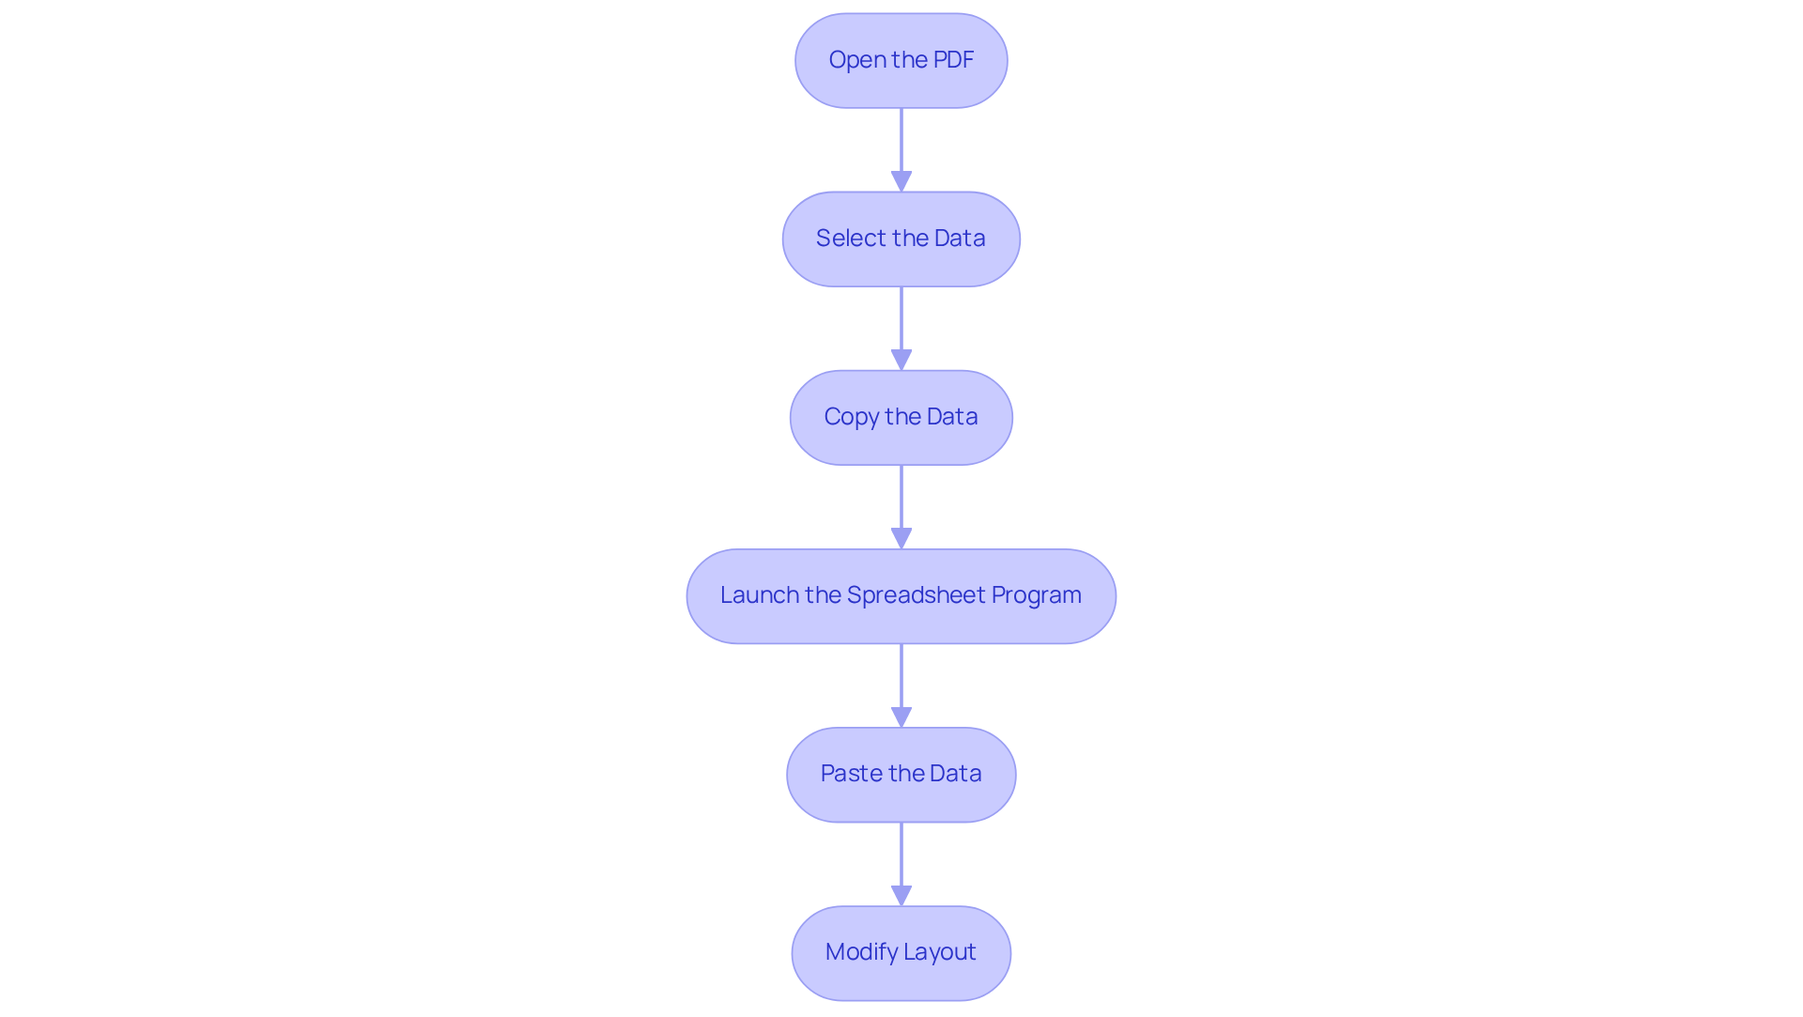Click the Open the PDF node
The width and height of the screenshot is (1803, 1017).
point(901,61)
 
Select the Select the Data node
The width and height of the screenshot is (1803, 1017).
point(901,239)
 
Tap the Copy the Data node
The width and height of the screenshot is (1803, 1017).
point(901,418)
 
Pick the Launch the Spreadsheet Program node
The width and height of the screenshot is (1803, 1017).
point(901,596)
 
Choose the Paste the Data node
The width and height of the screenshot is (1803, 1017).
point(901,775)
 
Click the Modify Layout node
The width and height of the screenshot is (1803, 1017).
point(901,953)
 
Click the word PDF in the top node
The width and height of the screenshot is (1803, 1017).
point(953,60)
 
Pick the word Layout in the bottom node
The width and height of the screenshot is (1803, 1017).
point(941,952)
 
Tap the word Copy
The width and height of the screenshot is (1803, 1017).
point(851,417)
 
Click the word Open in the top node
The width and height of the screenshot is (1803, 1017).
point(857,60)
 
